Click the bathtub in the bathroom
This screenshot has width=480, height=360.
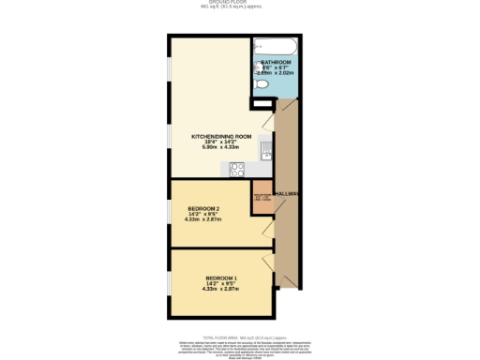(274, 46)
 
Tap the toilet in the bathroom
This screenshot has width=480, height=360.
(262, 85)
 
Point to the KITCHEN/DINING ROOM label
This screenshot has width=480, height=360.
(221, 137)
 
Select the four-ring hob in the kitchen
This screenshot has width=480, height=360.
(237, 170)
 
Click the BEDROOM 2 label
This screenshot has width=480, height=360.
(203, 208)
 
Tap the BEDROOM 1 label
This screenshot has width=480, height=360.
(221, 277)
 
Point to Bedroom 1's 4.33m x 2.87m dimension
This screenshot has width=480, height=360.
(221, 289)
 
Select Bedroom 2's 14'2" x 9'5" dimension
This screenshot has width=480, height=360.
(203, 214)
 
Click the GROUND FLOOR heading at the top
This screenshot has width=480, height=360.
(240, 3)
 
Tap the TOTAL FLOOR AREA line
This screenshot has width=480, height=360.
(240, 335)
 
